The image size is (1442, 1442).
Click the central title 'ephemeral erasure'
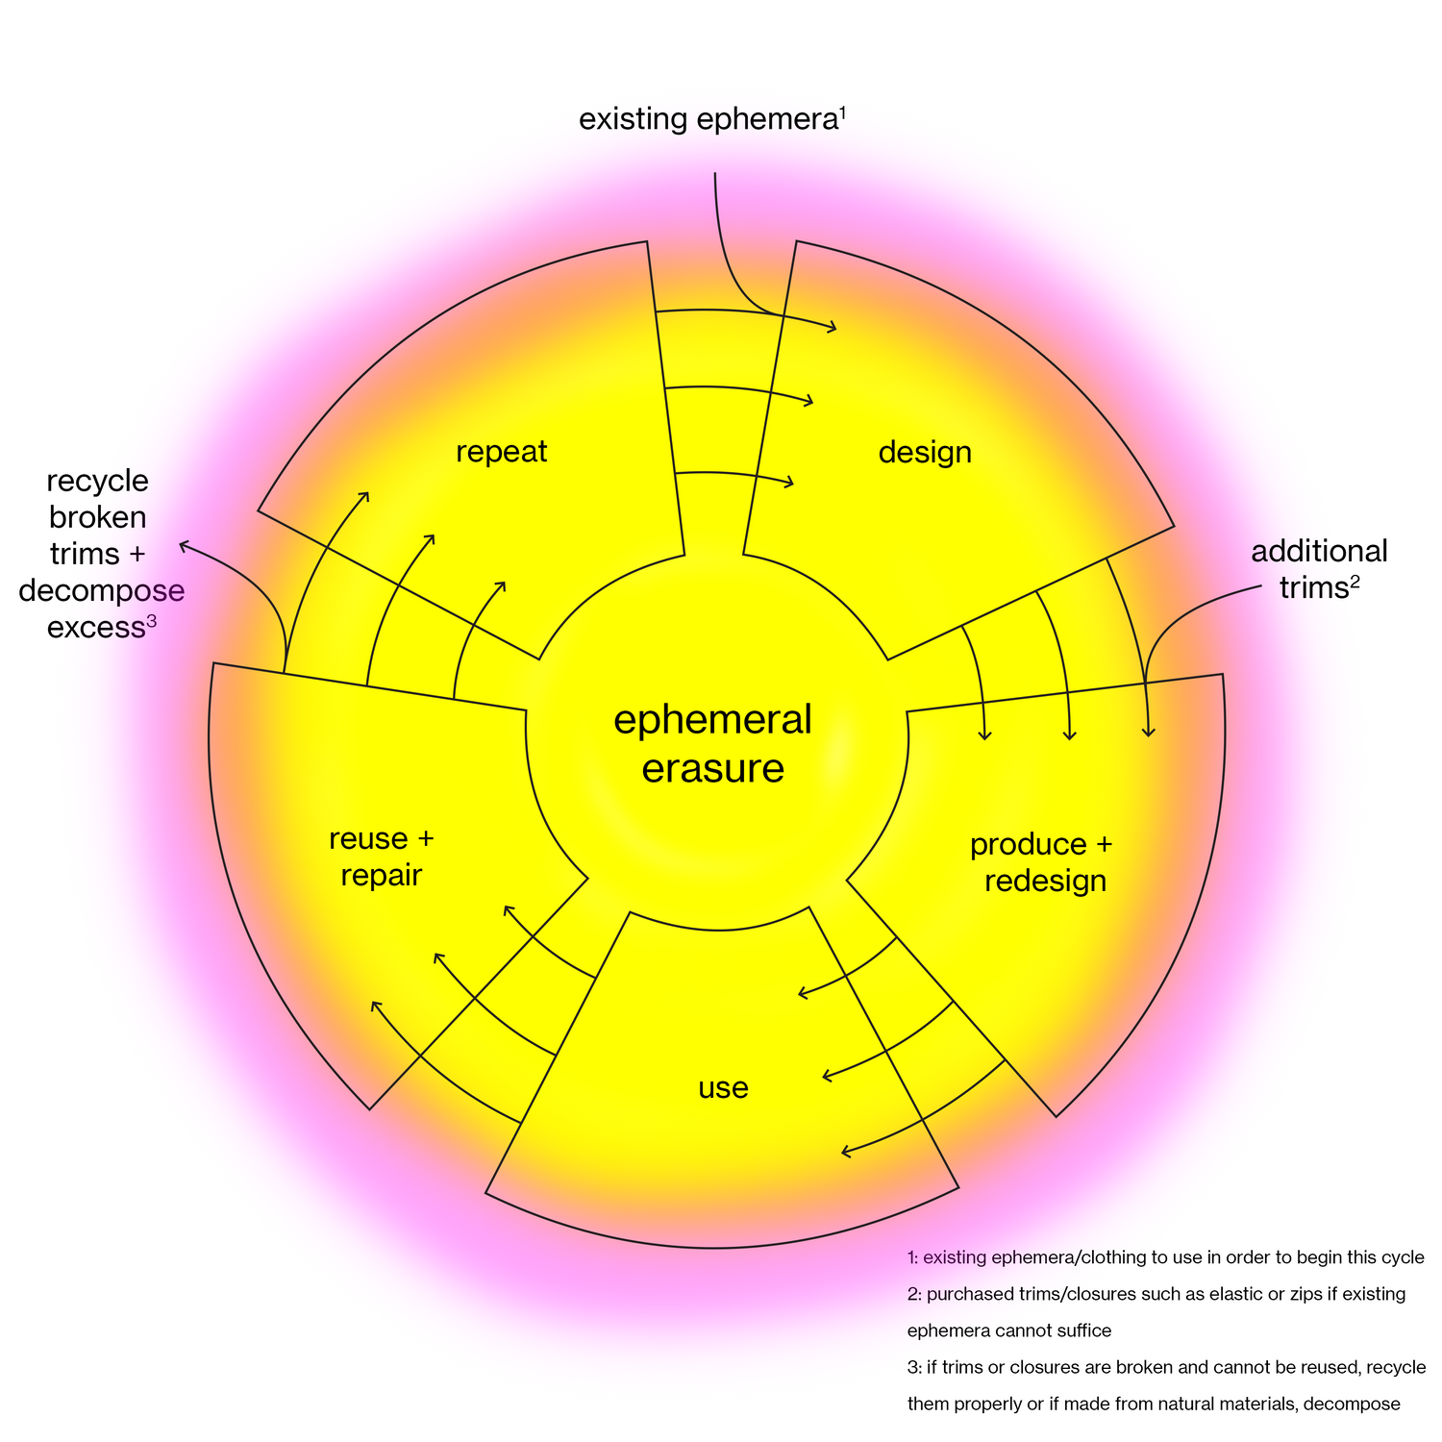[x=712, y=745]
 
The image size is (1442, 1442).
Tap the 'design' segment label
[x=925, y=452]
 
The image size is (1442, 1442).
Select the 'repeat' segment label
[x=501, y=451]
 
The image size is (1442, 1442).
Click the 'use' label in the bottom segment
[x=723, y=1088]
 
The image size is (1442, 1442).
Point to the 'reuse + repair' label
[x=382, y=857]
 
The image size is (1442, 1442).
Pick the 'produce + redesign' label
[x=1042, y=862]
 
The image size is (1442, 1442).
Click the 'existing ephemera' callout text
[x=707, y=120]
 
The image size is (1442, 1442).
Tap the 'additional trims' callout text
[x=1318, y=569]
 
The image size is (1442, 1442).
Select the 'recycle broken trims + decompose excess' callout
[x=100, y=554]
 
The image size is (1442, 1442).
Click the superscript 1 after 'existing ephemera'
[x=842, y=113]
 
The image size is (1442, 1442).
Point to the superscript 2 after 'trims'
[x=1355, y=582]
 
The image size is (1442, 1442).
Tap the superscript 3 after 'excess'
[x=151, y=621]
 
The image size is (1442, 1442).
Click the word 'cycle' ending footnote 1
[x=1401, y=1257]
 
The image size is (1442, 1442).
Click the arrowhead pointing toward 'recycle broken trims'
[x=182, y=546]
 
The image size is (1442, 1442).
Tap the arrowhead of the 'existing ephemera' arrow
[x=833, y=329]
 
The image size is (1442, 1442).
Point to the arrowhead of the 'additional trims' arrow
[x=1148, y=733]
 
